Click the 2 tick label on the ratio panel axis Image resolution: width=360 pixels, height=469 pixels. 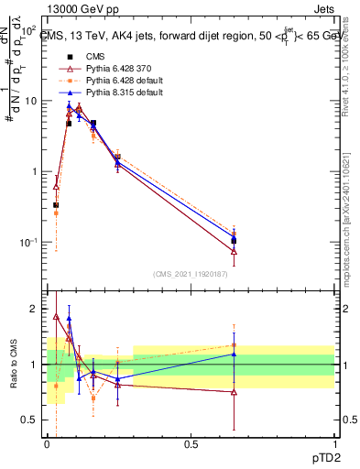[34, 309]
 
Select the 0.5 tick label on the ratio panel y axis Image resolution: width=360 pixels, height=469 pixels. [29, 420]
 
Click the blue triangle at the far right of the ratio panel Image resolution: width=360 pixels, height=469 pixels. [234, 354]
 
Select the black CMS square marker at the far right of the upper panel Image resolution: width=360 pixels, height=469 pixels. [234, 240]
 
